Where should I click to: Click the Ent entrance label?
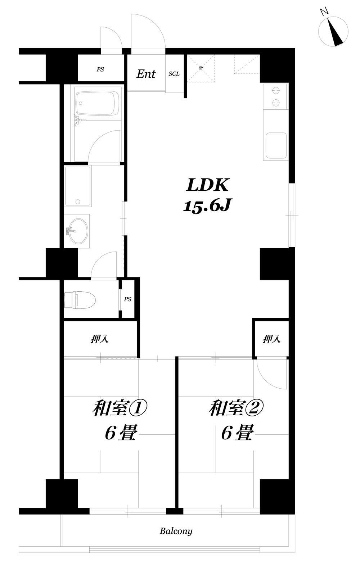146,74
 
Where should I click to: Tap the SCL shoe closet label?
174,74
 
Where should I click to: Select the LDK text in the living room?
207,185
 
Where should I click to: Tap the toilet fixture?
80,300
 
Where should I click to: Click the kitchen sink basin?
276,145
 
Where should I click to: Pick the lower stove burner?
276,103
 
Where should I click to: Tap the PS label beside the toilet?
127,299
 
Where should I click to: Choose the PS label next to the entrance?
100,69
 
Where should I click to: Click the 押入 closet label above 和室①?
100,339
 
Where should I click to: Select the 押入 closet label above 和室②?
271,339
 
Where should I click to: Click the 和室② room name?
236,408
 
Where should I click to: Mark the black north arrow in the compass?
336,33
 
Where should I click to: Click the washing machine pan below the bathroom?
78,186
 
